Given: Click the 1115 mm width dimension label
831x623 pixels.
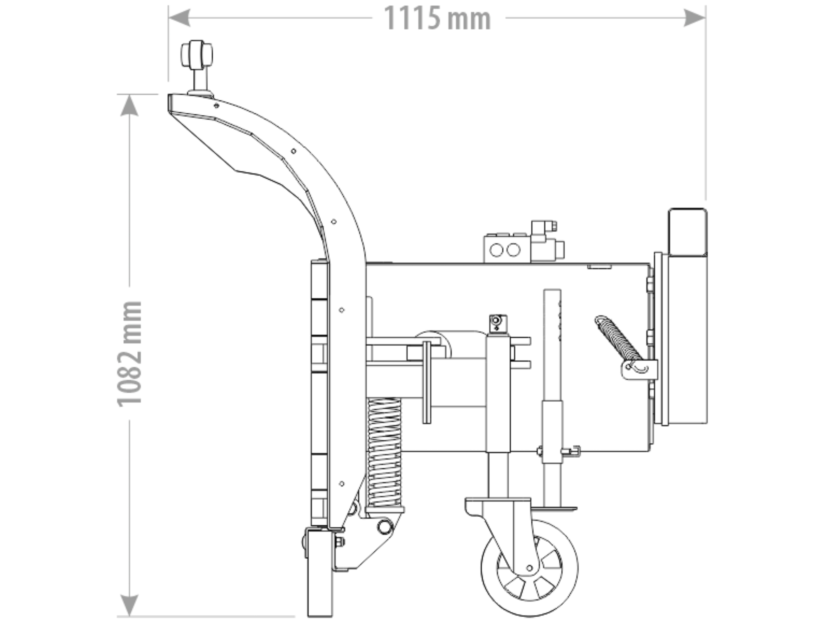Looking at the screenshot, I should click(x=437, y=19).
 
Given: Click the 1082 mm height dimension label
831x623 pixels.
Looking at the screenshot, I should click(x=130, y=354).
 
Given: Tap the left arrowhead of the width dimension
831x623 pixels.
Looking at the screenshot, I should click(x=179, y=18).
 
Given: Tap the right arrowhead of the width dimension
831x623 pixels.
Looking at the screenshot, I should click(x=695, y=18).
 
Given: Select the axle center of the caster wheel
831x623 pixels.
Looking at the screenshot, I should click(x=530, y=568).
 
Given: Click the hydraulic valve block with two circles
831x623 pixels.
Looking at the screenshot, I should click(x=507, y=249).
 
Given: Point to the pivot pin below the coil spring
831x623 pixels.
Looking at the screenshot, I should click(x=385, y=526).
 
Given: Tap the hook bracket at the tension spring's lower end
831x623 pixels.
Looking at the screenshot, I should click(x=638, y=368).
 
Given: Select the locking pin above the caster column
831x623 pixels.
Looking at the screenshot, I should click(x=498, y=322).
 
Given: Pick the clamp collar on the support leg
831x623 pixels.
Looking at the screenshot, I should click(x=552, y=451).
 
